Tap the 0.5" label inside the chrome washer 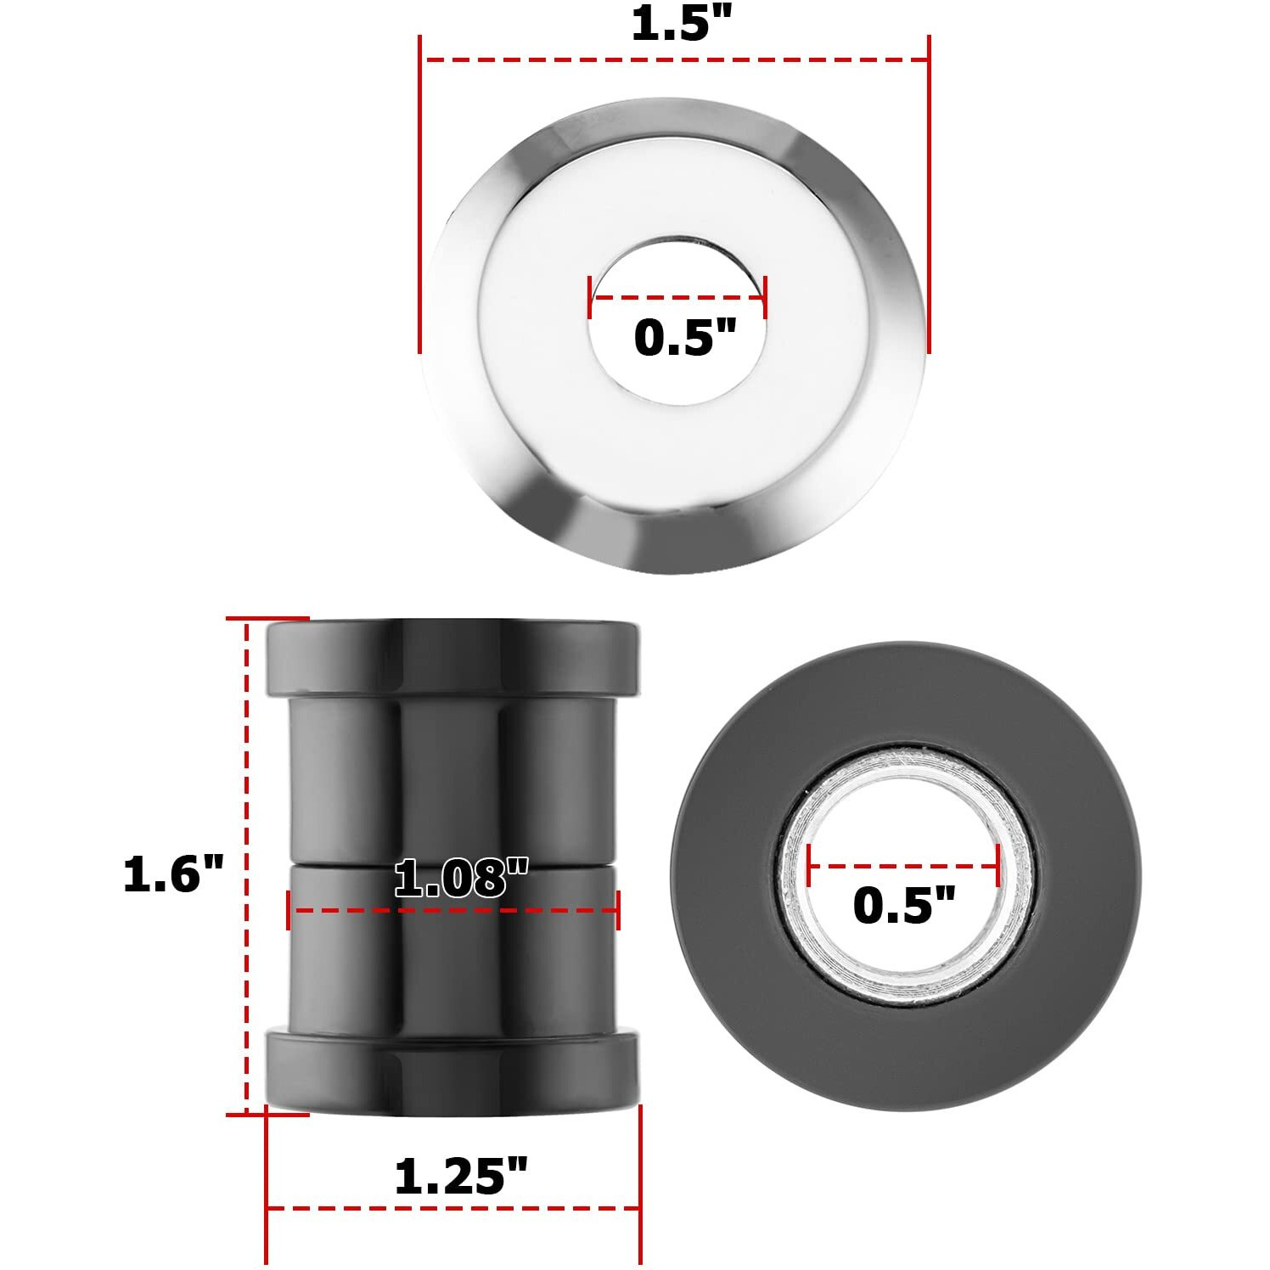point(684,338)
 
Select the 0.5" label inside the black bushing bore point(903,905)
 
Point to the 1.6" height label point(173,874)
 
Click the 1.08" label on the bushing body point(461,879)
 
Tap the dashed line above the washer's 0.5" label point(677,298)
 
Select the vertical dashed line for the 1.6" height point(247,866)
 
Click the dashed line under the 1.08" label point(453,911)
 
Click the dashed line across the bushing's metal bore point(903,867)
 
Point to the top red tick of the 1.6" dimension point(267,619)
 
